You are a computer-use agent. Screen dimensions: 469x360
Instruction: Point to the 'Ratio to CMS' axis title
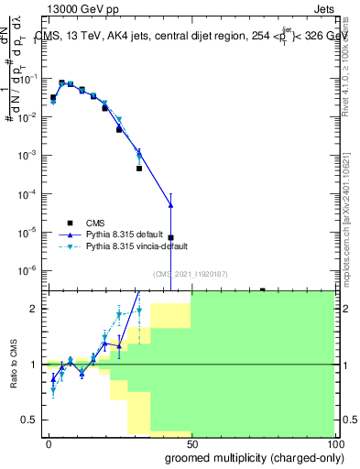tap(15, 365)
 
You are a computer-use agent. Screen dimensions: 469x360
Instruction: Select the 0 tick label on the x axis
tap(49, 442)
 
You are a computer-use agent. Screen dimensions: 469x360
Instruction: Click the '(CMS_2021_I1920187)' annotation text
tap(191, 274)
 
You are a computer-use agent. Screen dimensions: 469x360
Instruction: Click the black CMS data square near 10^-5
tap(170, 238)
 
